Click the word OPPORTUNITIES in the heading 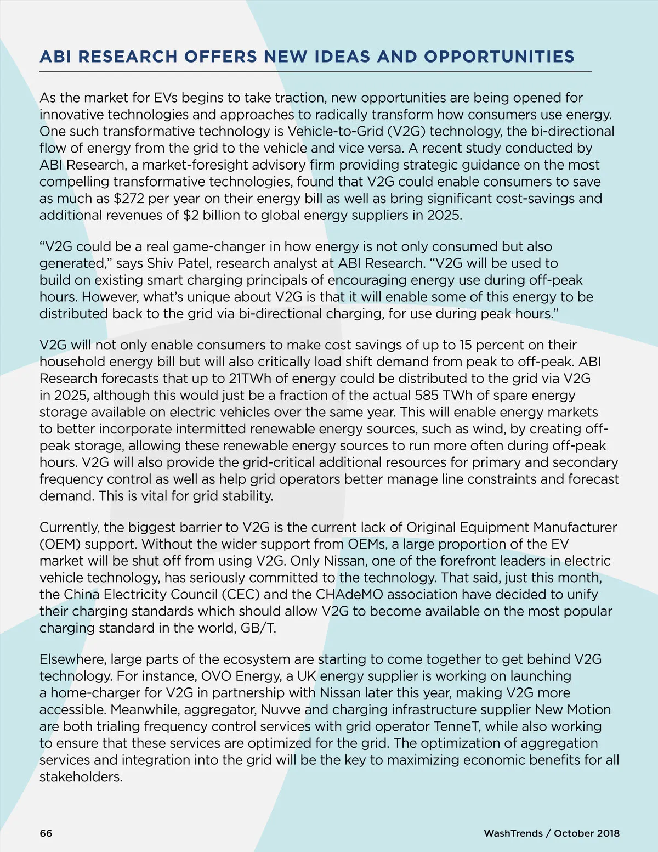click(499, 57)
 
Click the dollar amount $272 click(129, 199)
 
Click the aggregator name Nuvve click(280, 710)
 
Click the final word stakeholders click(81, 777)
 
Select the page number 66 click(46, 833)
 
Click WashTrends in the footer click(513, 833)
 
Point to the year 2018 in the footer click(608, 833)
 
